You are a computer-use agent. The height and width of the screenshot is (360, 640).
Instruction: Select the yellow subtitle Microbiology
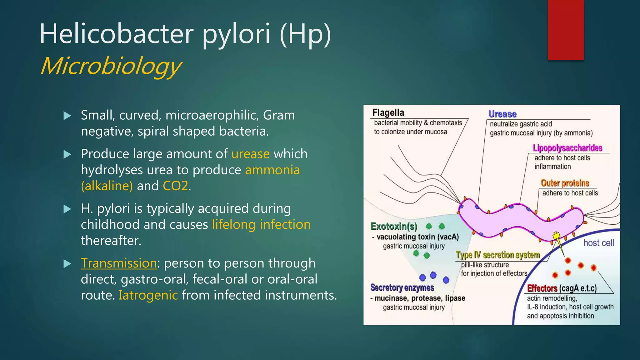click(x=111, y=66)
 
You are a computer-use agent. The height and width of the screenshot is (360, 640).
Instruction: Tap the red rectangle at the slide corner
click(x=566, y=30)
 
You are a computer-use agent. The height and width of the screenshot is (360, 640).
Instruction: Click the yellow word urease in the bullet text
click(x=250, y=154)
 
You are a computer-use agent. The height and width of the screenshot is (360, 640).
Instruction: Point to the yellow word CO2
click(x=175, y=186)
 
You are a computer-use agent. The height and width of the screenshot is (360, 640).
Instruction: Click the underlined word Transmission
click(x=119, y=263)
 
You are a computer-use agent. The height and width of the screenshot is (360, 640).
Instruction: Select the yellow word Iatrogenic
click(x=148, y=295)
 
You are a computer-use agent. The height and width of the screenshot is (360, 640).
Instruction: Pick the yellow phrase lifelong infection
click(x=261, y=225)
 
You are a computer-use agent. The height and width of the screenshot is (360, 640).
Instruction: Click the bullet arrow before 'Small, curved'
click(x=67, y=116)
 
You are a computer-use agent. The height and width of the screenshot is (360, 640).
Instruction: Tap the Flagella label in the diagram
click(x=388, y=112)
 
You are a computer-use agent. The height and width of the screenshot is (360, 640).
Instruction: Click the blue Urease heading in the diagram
click(x=502, y=114)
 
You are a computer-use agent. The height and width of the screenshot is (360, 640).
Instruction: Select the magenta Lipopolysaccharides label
click(x=567, y=148)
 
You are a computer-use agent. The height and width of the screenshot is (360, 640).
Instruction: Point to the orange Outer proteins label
click(x=565, y=183)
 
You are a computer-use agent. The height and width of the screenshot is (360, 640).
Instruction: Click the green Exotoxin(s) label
click(x=394, y=226)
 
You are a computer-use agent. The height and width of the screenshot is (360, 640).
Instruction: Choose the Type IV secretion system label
click(x=498, y=255)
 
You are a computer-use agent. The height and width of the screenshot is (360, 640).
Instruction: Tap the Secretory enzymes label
click(x=402, y=287)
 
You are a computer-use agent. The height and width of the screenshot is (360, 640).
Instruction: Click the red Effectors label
click(x=542, y=288)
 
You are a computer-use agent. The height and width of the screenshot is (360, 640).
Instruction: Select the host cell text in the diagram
click(x=598, y=243)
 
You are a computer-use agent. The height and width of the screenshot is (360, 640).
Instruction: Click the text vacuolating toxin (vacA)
click(x=417, y=237)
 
